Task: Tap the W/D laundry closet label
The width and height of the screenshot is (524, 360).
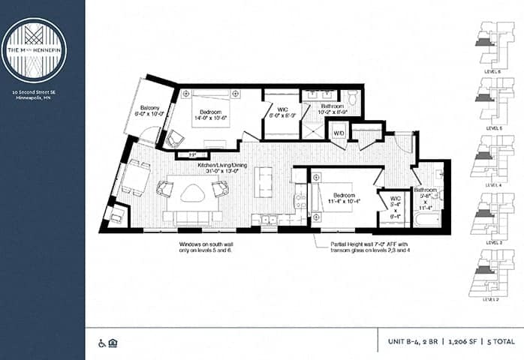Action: click(x=339, y=133)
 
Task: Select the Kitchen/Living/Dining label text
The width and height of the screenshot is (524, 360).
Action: click(x=222, y=167)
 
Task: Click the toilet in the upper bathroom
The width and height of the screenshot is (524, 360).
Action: click(x=352, y=97)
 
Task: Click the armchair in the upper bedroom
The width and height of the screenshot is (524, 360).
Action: click(x=175, y=138)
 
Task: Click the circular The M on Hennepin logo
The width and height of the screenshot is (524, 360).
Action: click(x=33, y=49)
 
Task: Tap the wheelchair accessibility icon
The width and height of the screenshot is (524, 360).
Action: click(x=103, y=343)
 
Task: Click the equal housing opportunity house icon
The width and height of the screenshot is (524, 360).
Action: click(x=113, y=343)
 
